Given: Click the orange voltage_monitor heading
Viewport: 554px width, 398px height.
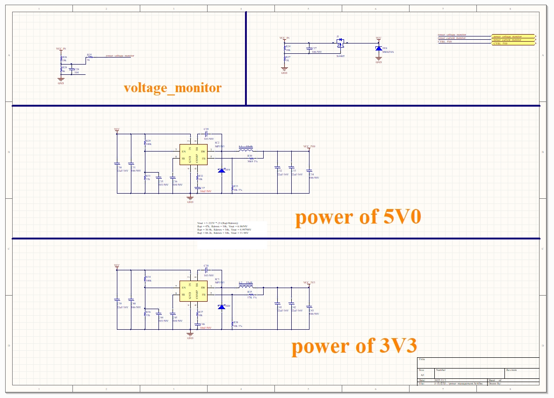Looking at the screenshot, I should [x=173, y=88].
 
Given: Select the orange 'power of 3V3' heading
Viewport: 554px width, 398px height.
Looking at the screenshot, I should [x=354, y=346].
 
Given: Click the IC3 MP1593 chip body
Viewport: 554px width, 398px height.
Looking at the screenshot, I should [x=193, y=291].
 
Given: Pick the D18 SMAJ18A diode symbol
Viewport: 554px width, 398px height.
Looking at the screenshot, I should [x=378, y=48].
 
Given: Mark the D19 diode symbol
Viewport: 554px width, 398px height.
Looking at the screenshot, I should [x=221, y=171].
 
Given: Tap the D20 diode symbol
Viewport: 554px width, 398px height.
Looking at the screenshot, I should [x=221, y=307].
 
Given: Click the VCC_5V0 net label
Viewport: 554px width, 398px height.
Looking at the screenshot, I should [x=309, y=146].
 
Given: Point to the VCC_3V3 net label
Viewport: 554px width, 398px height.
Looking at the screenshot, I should [x=309, y=282].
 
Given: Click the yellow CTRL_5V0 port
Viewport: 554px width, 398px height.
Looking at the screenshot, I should [x=513, y=43].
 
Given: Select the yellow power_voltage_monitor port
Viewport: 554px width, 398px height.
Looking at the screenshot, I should [x=513, y=36].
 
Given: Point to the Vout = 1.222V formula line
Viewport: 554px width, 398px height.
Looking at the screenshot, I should [x=218, y=223].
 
